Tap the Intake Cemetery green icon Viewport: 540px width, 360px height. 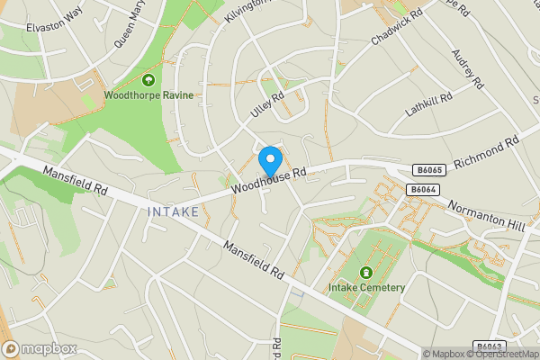pos(366,273)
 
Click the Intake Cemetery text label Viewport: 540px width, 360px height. pos(366,288)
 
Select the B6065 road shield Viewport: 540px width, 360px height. pos(428,169)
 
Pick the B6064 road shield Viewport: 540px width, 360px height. pos(422,189)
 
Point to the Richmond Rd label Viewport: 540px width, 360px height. pos(488,151)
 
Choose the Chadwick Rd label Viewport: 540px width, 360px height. pos(398,29)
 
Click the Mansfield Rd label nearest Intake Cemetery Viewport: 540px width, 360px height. pos(254,259)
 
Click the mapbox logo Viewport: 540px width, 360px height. pos(40,348)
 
